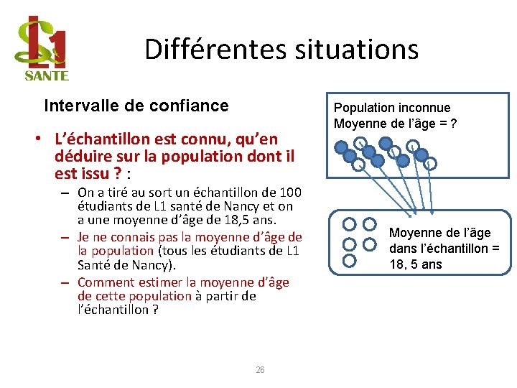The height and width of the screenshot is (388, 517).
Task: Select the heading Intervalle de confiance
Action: pyautogui.click(x=136, y=106)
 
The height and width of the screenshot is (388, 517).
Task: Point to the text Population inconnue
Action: pyautogui.click(x=392, y=108)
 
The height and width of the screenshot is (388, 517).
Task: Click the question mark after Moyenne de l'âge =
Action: pyautogui.click(x=453, y=124)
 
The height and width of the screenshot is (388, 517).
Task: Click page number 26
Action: pyautogui.click(x=260, y=370)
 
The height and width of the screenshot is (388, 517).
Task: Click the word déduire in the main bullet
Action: pyautogui.click(x=79, y=156)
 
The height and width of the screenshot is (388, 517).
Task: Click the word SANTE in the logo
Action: pyautogui.click(x=47, y=75)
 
